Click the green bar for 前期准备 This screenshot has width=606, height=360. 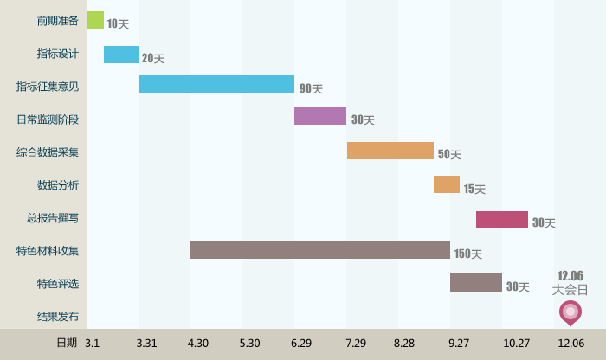(95, 20)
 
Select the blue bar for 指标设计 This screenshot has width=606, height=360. (121, 55)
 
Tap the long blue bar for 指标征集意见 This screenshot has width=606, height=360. (216, 85)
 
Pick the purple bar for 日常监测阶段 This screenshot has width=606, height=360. (320, 116)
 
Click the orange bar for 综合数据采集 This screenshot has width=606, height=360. (390, 151)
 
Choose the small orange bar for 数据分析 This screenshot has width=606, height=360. (447, 184)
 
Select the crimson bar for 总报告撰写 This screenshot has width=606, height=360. (502, 219)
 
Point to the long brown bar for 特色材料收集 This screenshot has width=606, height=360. (320, 250)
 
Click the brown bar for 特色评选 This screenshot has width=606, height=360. (476, 283)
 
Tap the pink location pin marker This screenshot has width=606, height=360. (570, 312)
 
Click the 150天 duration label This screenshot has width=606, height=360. (467, 254)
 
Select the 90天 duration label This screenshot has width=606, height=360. (311, 88)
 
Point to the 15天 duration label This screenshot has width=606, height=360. (474, 189)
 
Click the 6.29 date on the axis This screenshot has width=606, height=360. (301, 344)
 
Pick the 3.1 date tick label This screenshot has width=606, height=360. (93, 344)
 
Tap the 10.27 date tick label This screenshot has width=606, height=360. (517, 344)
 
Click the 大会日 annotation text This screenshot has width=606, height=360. (570, 290)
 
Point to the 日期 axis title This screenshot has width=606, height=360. (67, 343)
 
